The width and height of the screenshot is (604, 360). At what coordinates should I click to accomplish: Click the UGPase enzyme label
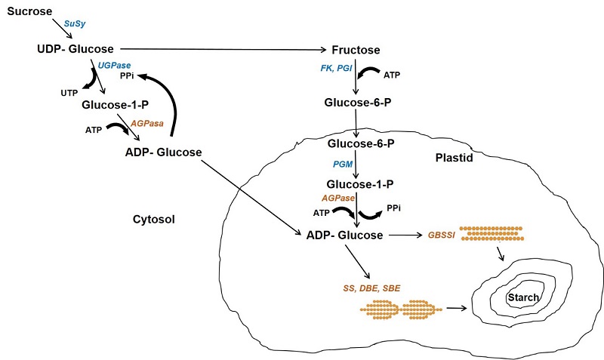tap(111, 66)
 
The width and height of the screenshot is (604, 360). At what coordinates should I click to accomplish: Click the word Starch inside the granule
tap(522, 297)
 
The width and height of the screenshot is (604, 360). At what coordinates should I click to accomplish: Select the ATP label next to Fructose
tap(392, 75)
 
